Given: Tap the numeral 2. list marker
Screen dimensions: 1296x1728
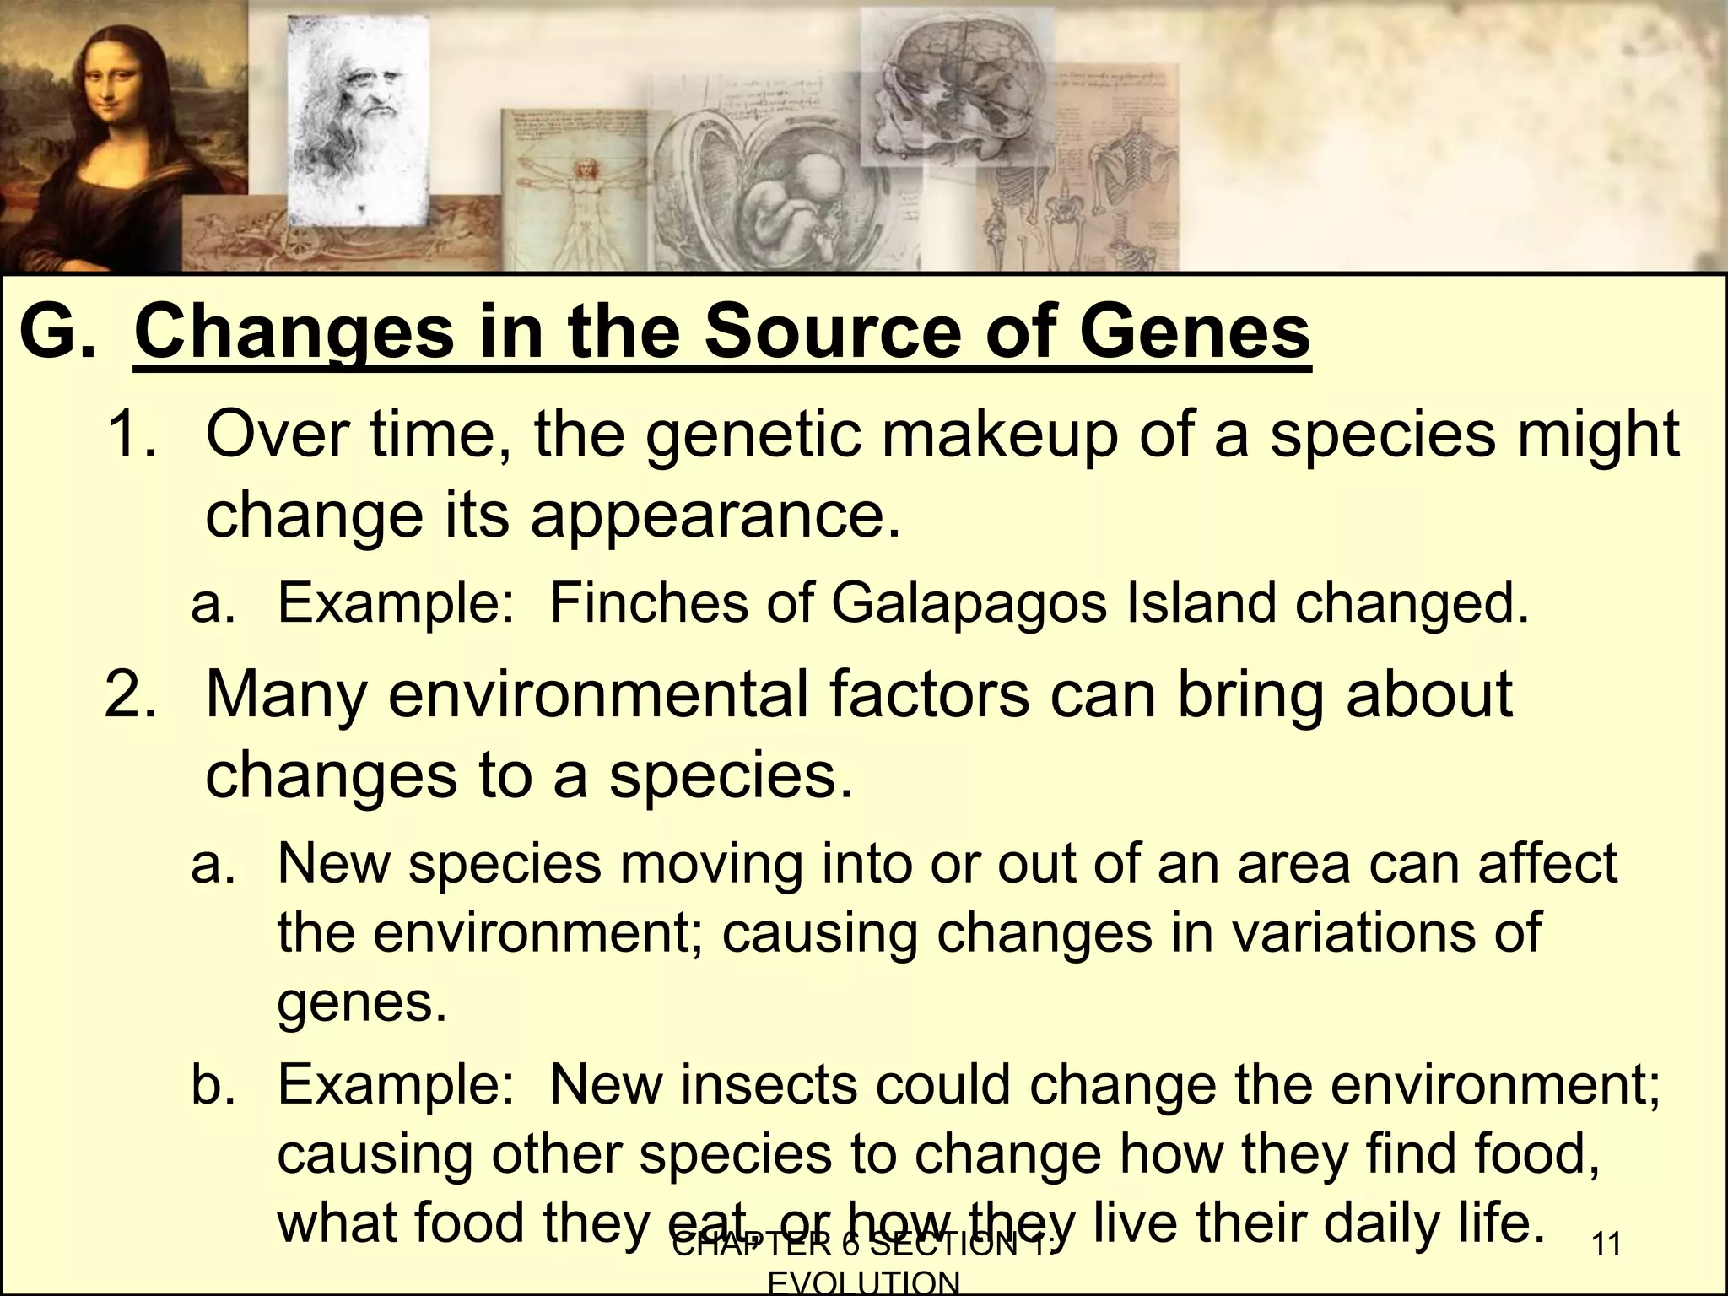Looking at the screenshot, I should coord(132,696).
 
